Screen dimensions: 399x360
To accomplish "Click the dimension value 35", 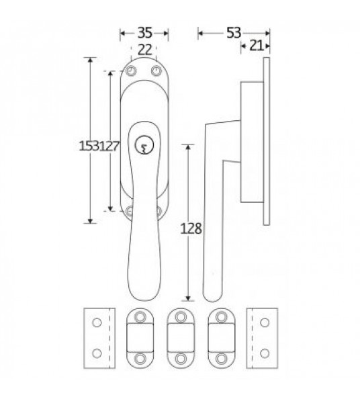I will (144, 31).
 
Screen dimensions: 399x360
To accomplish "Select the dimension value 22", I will (144, 49).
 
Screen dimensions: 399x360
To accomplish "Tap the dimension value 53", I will (234, 31).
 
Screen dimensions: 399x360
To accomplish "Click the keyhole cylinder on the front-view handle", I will (144, 143).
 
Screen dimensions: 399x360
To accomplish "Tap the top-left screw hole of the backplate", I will (132, 71).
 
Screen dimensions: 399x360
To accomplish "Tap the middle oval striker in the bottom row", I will (179, 338).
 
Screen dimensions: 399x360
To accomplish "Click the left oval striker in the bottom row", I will (140, 338).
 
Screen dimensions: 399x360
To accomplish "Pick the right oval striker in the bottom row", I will (219, 338).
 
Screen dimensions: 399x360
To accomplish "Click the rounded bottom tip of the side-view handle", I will (210, 296).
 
